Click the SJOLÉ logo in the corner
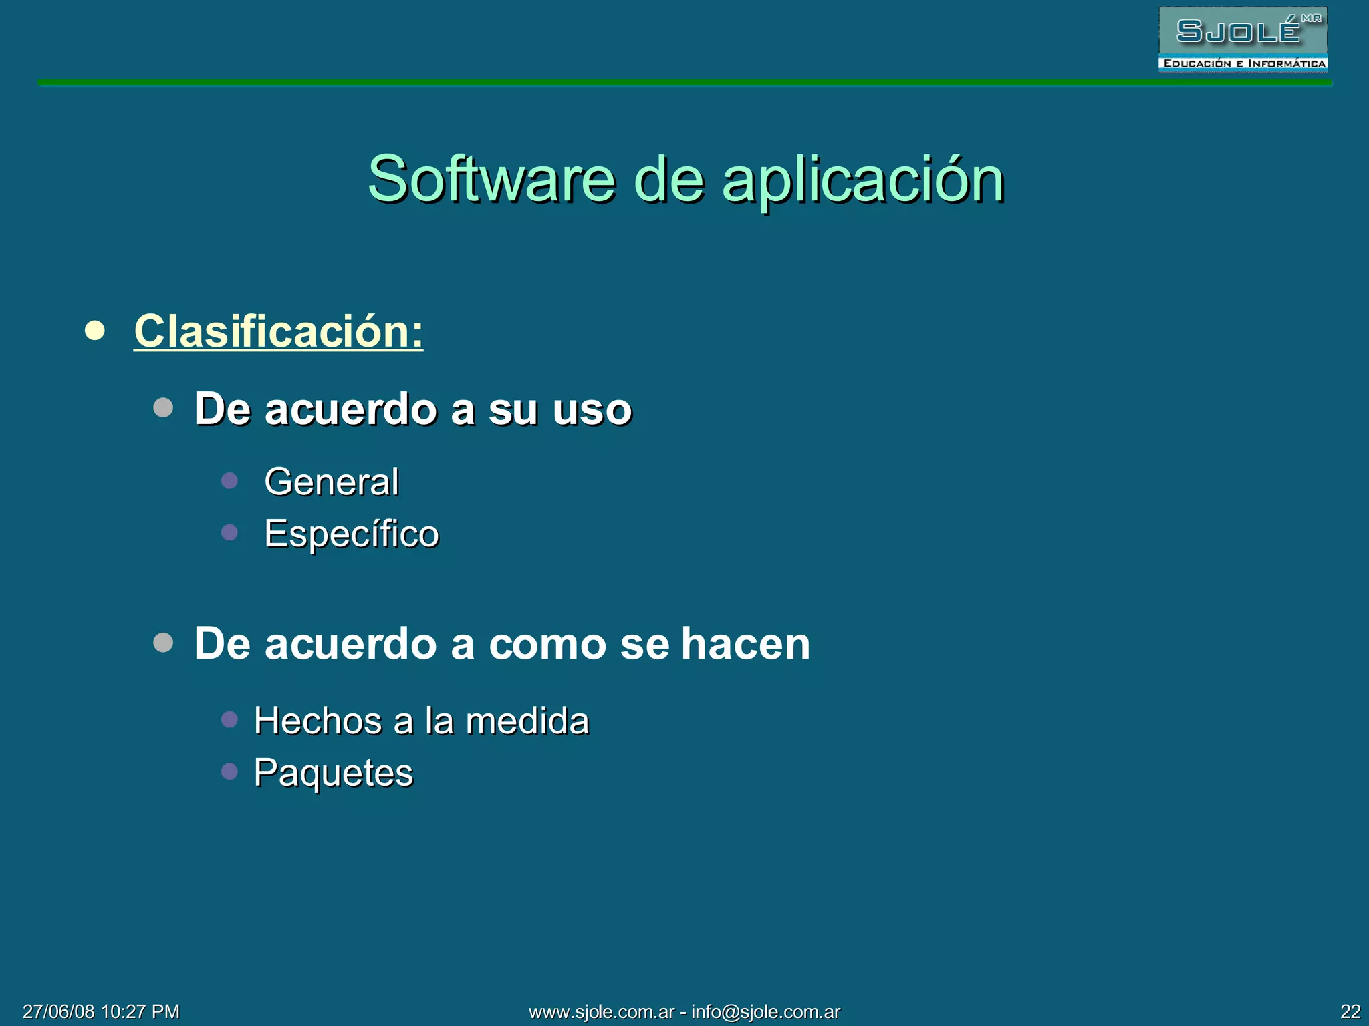point(1243,39)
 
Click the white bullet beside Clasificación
point(95,331)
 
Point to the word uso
point(592,409)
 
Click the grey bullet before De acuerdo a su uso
point(163,407)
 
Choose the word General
point(332,482)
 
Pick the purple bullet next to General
point(229,481)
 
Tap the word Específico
point(352,534)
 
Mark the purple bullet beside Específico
point(229,532)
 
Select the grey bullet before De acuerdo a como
point(163,643)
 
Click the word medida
point(527,721)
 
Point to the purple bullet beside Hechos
point(229,719)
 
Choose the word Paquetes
point(334,773)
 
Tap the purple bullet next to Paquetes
point(229,772)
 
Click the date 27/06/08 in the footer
point(59,1011)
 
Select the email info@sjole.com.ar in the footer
point(765,1011)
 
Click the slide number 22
point(1350,1011)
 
